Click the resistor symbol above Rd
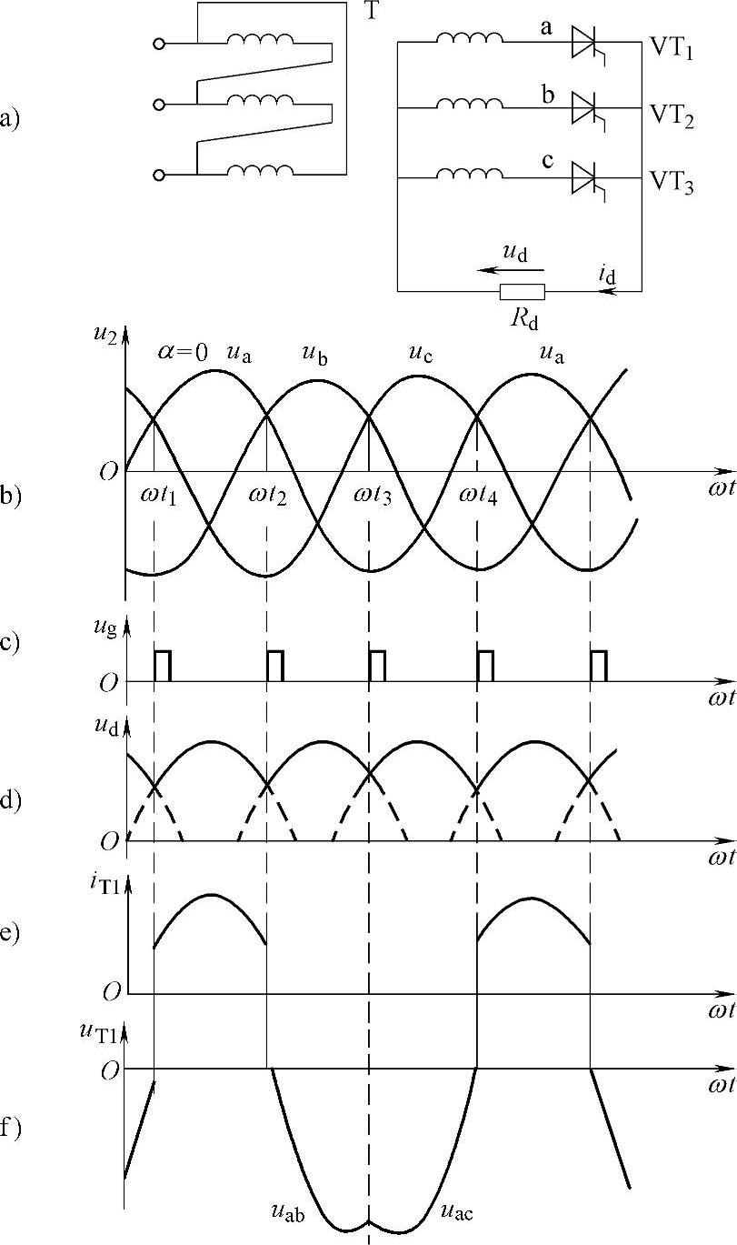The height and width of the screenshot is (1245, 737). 523,291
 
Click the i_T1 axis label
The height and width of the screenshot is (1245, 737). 104,882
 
